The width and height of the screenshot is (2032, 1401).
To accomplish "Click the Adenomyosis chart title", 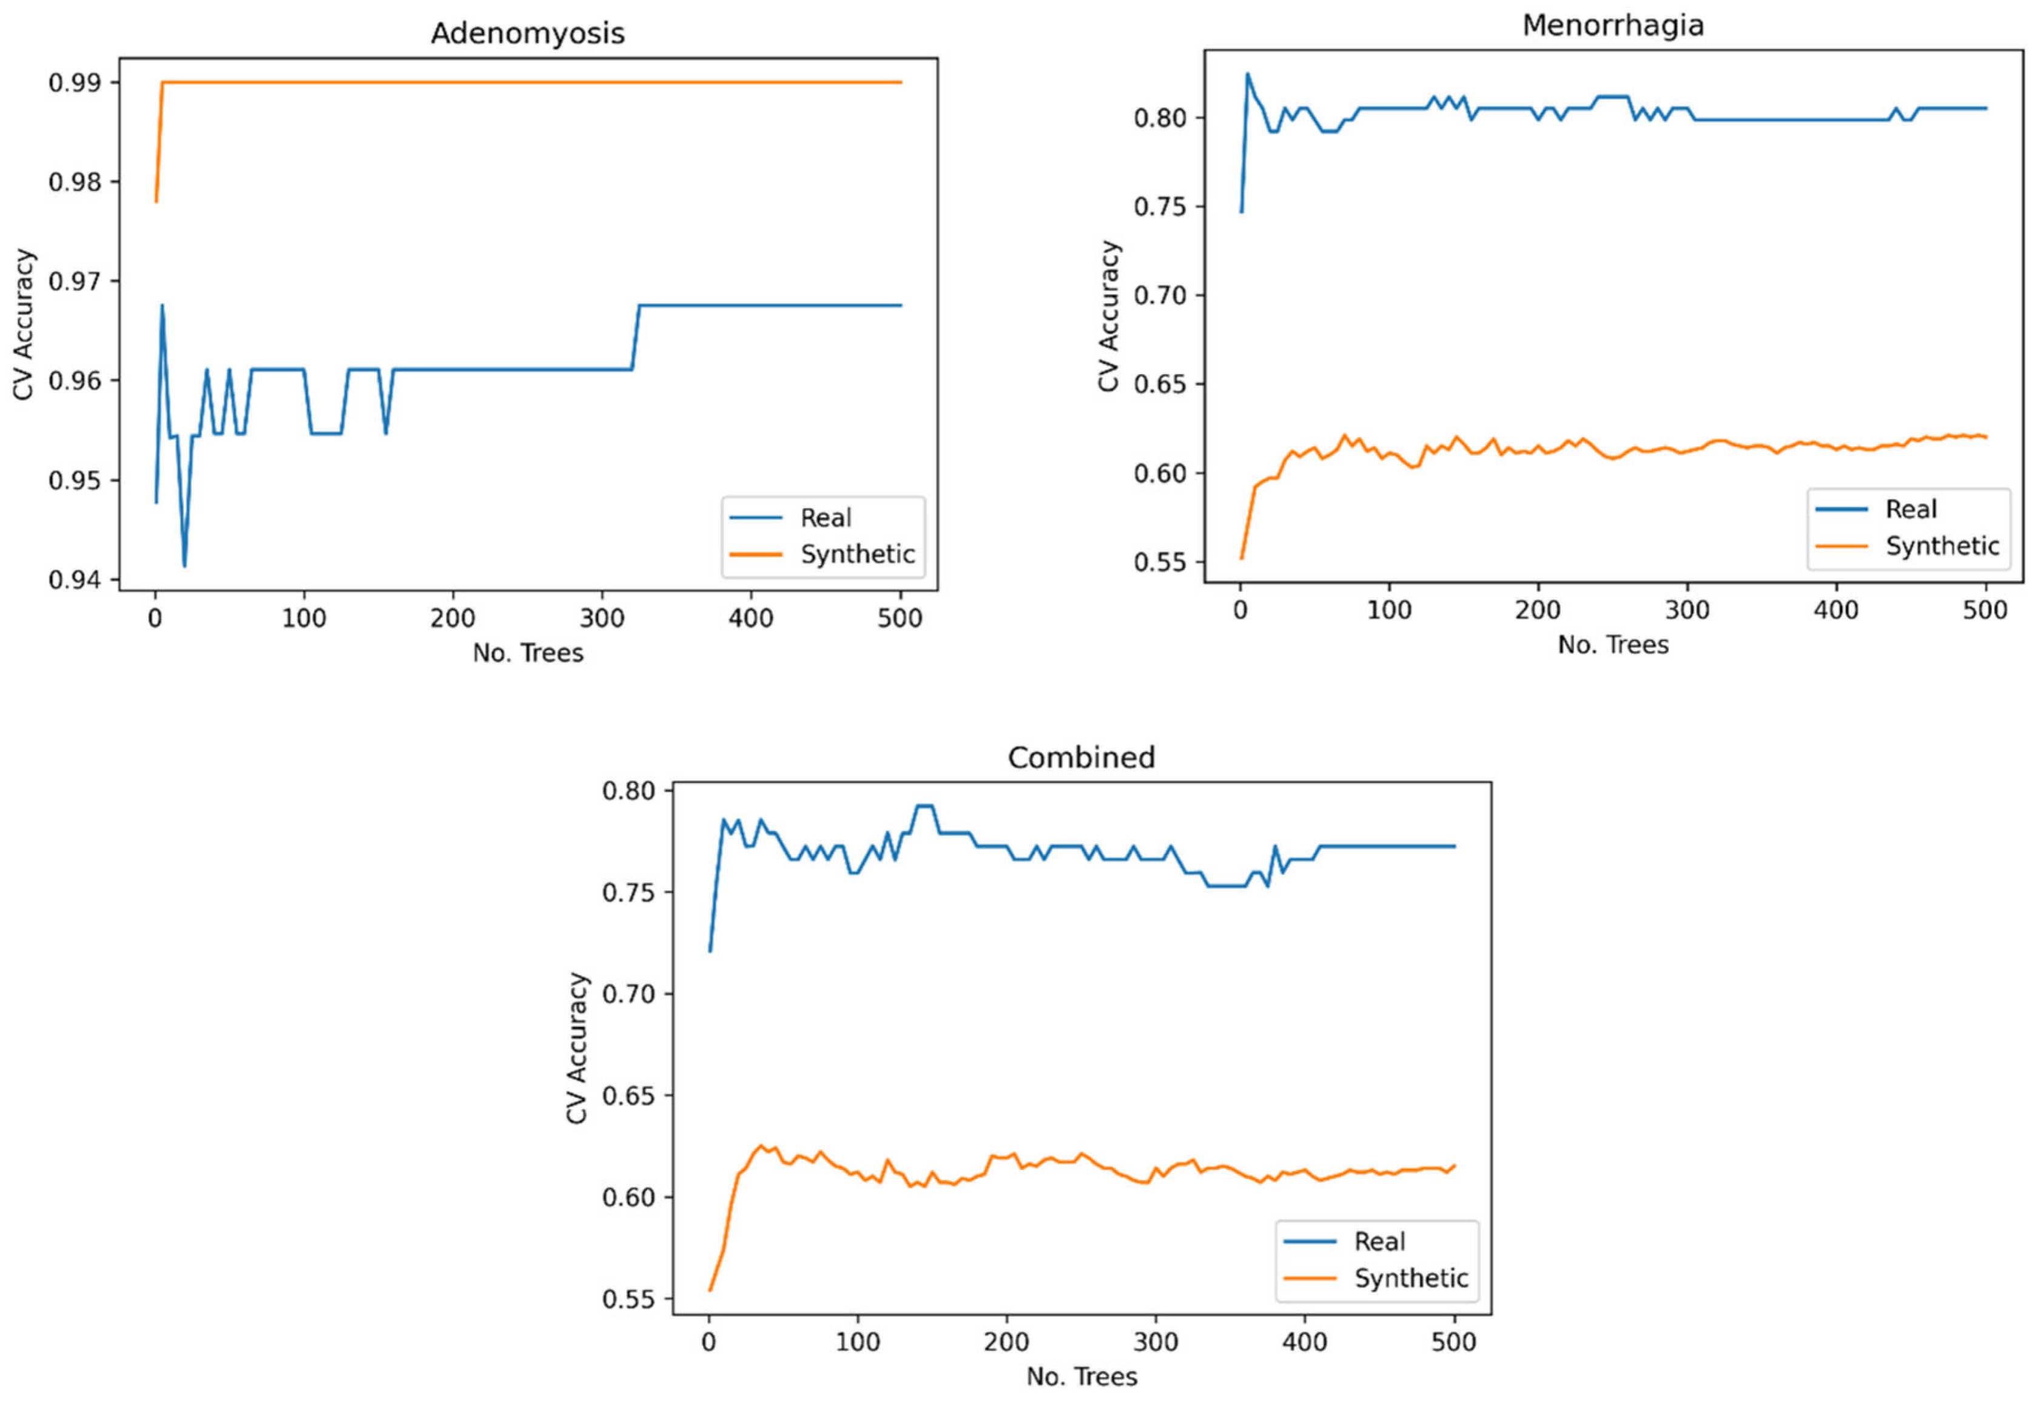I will tap(528, 33).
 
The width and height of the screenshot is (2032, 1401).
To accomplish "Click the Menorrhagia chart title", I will tap(1612, 25).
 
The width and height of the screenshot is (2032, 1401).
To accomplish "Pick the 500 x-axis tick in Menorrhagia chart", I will tap(1985, 610).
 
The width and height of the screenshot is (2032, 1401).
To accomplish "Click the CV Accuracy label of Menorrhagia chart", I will tap(1109, 316).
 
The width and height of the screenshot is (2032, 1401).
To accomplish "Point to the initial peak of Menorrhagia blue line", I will tap(1247, 74).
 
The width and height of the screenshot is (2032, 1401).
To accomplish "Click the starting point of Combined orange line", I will tap(710, 1289).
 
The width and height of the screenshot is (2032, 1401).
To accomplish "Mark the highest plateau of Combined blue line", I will tap(924, 806).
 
